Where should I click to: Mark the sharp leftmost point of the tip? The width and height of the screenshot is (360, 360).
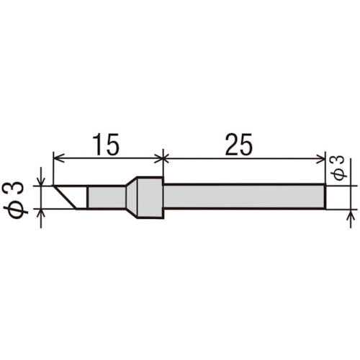coord(52,186)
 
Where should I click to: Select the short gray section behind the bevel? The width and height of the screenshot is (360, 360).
coord(105,197)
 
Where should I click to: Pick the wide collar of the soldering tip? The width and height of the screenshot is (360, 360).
coord(148,197)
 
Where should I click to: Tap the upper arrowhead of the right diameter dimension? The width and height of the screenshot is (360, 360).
coord(351,180)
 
